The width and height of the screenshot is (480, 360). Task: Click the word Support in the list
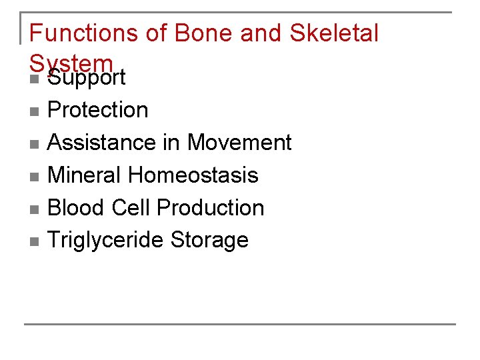pos(87,78)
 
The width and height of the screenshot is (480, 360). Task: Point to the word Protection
pos(98,109)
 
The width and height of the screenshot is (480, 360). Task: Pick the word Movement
pos(239,142)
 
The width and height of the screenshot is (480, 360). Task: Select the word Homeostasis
pos(193,175)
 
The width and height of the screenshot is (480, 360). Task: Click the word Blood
pos(77,207)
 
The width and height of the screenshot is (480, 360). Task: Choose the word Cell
pos(131,207)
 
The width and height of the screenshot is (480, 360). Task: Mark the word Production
pos(211,207)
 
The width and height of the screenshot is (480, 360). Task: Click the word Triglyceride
pos(106,240)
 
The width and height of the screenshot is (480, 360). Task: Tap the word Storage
pos(209,240)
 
